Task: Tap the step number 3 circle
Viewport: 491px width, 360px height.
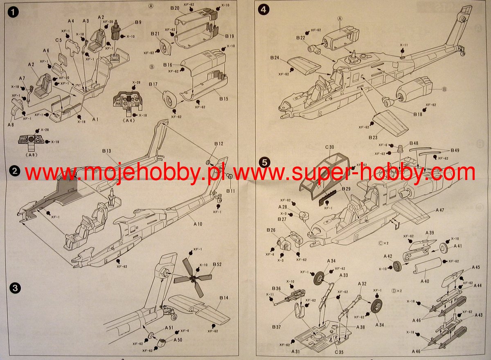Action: point(15,288)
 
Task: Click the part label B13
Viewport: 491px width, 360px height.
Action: point(106,151)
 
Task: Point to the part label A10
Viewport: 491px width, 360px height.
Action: point(198,224)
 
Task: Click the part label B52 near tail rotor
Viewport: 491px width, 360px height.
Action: point(217,265)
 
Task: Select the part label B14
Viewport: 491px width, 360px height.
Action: point(223,298)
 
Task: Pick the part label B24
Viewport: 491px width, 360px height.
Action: point(275,59)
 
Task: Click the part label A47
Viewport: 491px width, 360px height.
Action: point(440,210)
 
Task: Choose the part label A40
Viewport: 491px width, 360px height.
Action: point(424,282)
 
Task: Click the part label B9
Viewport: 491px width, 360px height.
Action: point(137,22)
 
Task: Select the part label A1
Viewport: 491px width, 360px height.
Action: point(95,119)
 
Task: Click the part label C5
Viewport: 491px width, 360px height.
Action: point(59,40)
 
